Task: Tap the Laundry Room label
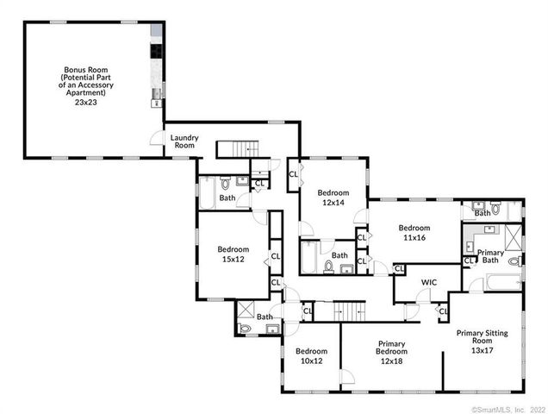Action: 184,141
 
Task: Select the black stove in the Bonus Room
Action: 157,51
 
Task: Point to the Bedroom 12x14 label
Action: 333,198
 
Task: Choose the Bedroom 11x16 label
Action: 414,233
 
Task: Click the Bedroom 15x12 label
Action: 231,254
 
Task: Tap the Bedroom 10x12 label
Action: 311,355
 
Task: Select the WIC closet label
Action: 429,282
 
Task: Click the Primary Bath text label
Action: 490,256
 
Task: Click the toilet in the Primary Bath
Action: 514,261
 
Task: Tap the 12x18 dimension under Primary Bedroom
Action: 392,361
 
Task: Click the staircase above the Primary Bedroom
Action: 349,310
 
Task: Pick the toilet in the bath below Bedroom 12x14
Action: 328,267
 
